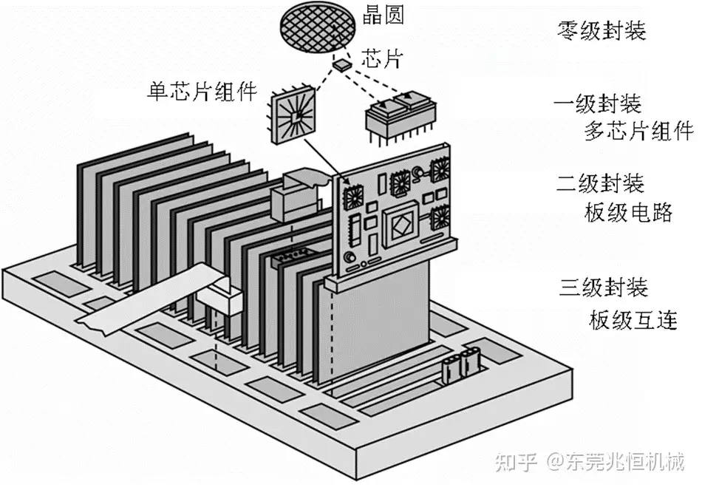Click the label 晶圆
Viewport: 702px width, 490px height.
pos(383,16)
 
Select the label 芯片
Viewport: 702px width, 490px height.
pos(382,58)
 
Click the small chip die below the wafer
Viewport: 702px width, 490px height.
pos(341,64)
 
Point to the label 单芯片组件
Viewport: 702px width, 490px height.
pos(202,92)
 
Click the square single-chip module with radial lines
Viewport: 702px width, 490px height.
pos(293,115)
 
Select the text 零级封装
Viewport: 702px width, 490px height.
pos(602,31)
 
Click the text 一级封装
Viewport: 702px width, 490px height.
pos(598,104)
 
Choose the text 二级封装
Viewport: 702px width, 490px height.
pos(600,183)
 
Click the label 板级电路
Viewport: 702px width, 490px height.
pos(628,212)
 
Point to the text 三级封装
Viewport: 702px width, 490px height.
pos(604,287)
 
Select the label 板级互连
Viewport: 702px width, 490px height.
pos(633,320)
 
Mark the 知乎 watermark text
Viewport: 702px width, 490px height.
pos(517,461)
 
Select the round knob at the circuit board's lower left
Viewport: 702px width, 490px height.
pos(349,258)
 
